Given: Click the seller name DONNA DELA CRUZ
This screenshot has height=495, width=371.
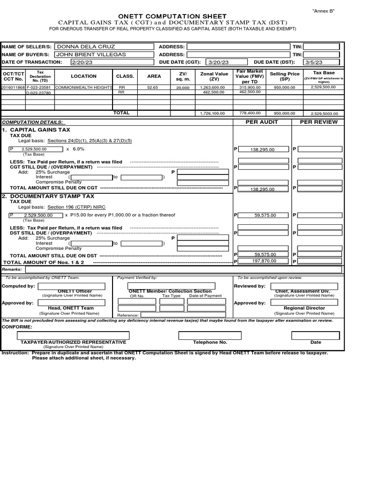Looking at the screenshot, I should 80,47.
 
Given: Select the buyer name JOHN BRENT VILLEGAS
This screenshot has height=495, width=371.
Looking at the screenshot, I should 91,55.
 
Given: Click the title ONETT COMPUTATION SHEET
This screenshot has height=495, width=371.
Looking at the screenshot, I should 185,16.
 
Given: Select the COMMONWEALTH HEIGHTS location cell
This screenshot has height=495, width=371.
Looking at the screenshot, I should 84,87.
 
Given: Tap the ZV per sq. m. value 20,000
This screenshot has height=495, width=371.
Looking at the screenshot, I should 183,88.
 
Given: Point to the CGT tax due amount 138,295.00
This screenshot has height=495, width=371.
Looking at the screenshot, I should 262,150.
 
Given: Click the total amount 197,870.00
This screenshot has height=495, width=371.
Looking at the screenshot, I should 264,261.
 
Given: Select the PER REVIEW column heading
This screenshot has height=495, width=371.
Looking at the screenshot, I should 318,122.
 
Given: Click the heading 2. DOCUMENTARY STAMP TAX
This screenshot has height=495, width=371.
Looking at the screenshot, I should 48,196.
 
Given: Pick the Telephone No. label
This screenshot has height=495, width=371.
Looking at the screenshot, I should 210,342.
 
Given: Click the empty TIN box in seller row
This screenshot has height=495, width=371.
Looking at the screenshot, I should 321,47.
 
